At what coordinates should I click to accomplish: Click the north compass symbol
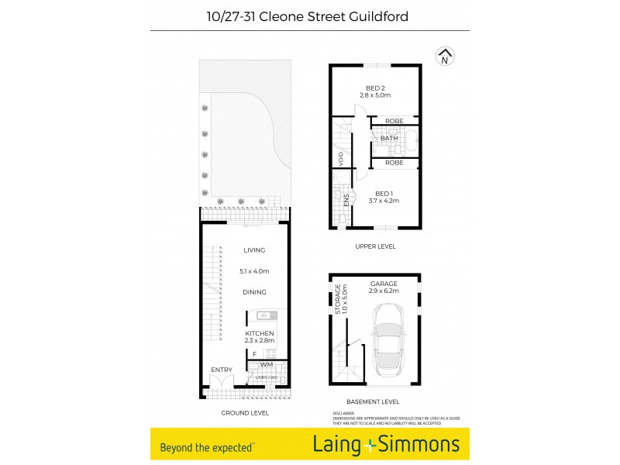point(445,57)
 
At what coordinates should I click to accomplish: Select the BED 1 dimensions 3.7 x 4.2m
point(384,201)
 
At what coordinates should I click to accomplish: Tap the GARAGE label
point(384,283)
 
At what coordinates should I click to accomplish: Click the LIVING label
point(254,250)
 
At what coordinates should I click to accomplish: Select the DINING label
point(254,292)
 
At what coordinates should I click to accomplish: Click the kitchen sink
point(265,315)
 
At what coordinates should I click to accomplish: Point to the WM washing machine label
point(267,364)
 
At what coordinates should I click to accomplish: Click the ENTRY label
point(222,370)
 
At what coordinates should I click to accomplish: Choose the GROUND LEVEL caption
point(245,413)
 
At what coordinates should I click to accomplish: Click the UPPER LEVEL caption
point(375,246)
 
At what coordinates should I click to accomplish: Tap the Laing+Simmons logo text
point(385,445)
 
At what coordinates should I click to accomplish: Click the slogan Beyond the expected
point(206,446)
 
